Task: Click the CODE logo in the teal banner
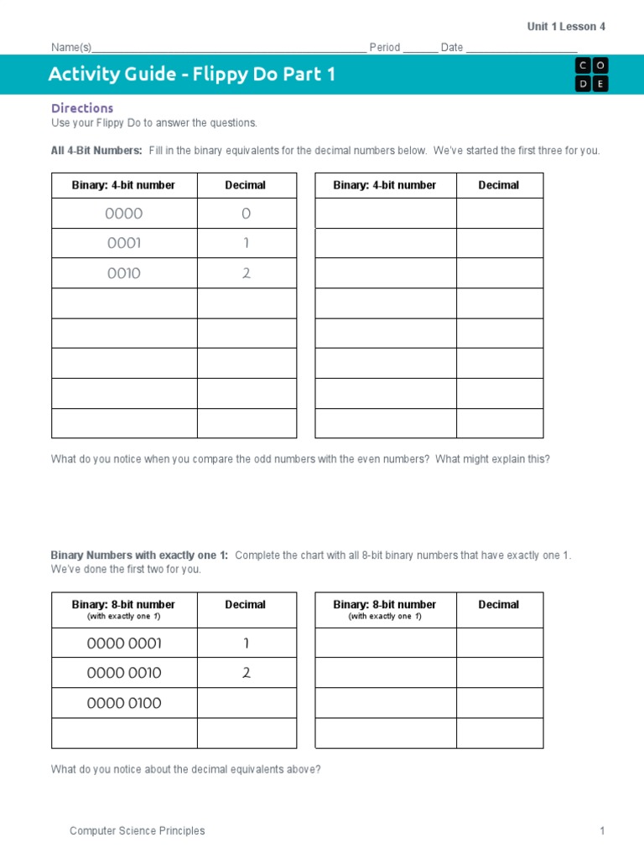[x=591, y=75]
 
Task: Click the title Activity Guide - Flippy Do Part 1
[x=192, y=75]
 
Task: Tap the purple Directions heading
[x=82, y=108]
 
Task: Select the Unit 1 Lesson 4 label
[x=566, y=27]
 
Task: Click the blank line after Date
[x=521, y=49]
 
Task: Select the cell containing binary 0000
[x=124, y=214]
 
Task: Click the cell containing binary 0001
[x=124, y=244]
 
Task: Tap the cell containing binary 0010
[x=124, y=274]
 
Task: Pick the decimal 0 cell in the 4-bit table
[x=247, y=214]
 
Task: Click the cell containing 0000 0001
[x=124, y=643]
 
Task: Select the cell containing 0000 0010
[x=124, y=673]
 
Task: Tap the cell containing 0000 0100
[x=124, y=703]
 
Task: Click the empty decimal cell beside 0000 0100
[x=247, y=703]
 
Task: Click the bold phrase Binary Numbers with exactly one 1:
[x=139, y=556]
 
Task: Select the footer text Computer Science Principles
[x=137, y=831]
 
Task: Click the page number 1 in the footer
[x=601, y=831]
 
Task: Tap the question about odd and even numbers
[x=300, y=459]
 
